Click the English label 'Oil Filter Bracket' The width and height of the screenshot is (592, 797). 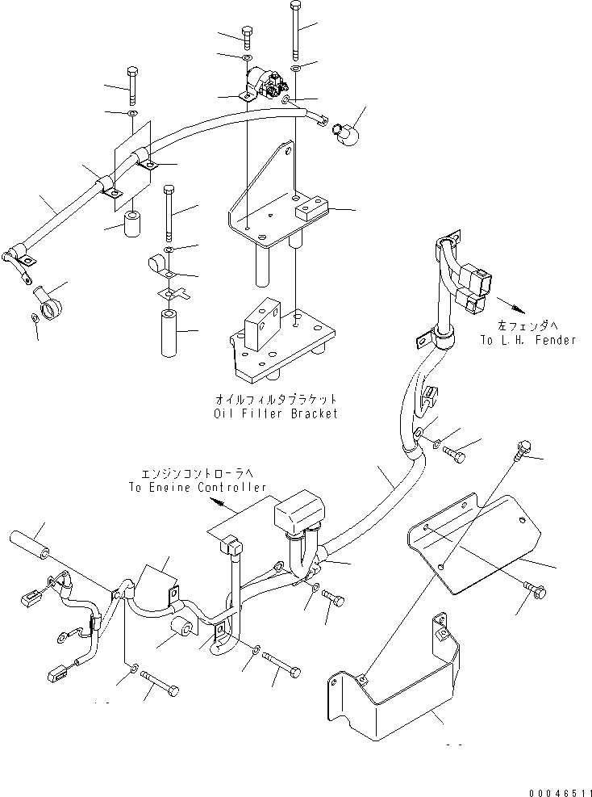point(275,413)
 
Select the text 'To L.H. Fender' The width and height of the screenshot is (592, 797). point(528,340)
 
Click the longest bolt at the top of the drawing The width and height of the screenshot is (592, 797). point(295,32)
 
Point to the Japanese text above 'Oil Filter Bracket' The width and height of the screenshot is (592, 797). point(275,400)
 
